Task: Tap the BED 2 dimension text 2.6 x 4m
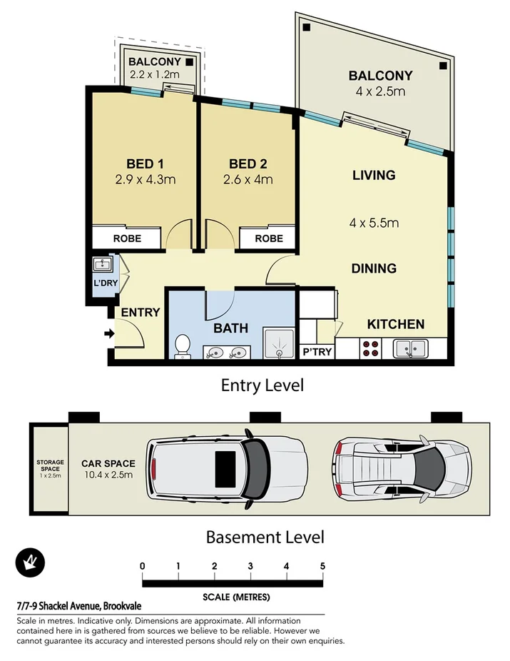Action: tap(245, 180)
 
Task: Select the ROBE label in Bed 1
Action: tap(126, 238)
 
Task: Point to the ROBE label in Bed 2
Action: tap(268, 238)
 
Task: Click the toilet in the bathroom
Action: tap(182, 346)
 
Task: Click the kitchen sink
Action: tap(410, 348)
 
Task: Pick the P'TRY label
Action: tap(317, 351)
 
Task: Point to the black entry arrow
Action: tap(109, 333)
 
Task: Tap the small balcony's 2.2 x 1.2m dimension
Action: tap(153, 74)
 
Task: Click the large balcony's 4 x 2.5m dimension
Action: tap(380, 91)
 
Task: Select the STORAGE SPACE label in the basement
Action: tap(50, 466)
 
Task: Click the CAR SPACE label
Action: tap(108, 463)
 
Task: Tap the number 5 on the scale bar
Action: tap(322, 566)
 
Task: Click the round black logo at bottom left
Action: tap(30, 565)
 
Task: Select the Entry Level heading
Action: tap(262, 385)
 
